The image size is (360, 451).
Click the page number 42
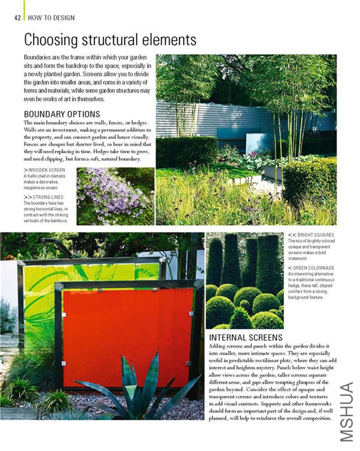(17, 17)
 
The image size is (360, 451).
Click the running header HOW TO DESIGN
(52, 17)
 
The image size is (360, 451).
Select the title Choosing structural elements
(110, 40)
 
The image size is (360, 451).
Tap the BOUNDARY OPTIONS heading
(62, 114)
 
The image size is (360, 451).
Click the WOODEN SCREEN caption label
(46, 170)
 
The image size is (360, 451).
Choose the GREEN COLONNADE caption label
(313, 267)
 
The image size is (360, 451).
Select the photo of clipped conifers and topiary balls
(244, 280)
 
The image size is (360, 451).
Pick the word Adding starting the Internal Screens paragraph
(218, 347)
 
